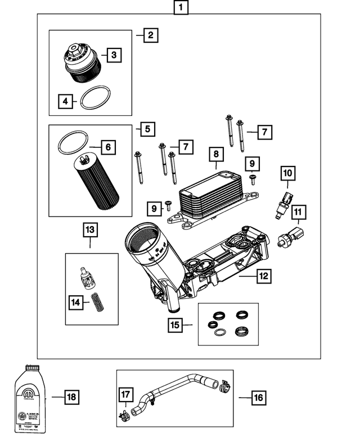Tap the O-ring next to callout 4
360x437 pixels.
tap(94, 98)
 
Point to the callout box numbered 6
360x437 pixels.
tap(108, 148)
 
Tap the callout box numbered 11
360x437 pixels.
tap(298, 213)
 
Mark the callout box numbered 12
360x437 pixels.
tap(263, 276)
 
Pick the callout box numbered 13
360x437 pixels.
tap(90, 229)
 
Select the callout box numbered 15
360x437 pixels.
tap(176, 325)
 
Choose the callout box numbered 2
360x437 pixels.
tap(150, 35)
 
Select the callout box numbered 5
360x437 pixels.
tap(147, 129)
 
